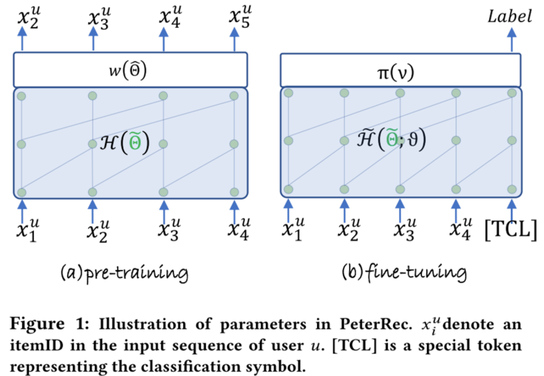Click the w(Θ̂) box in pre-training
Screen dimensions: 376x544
click(130, 69)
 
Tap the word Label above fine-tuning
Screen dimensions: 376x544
click(509, 17)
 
